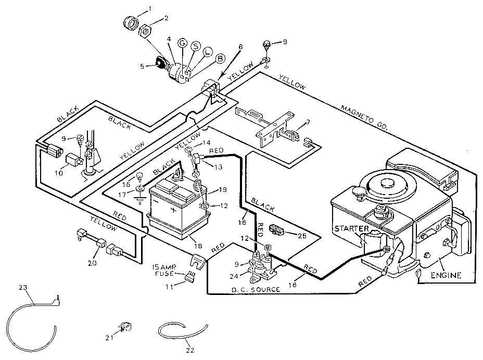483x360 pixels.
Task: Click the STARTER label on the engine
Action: click(x=351, y=228)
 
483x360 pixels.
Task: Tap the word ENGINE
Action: click(x=446, y=275)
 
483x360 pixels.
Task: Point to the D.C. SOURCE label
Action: click(x=255, y=289)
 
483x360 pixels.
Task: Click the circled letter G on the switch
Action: click(x=182, y=43)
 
